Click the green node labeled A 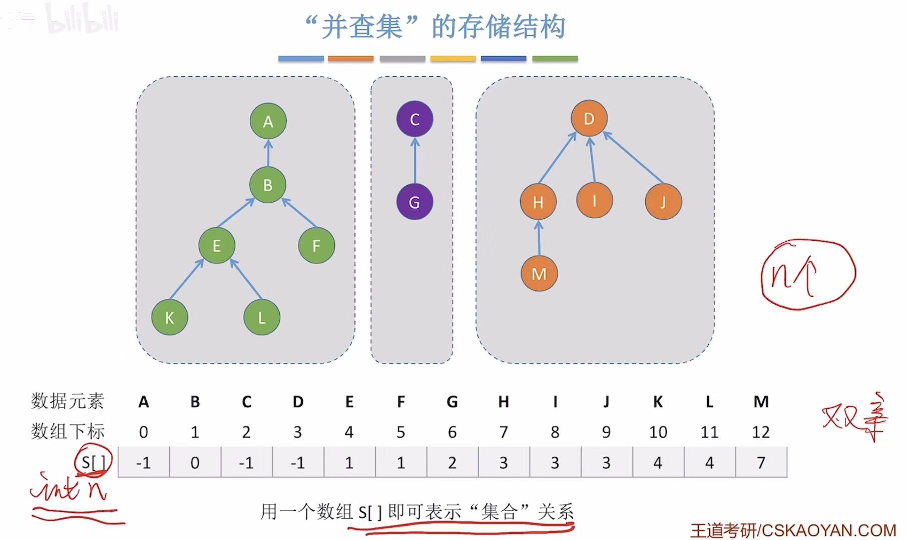click(268, 121)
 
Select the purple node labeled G click(414, 202)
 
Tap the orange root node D click(589, 119)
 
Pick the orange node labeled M click(539, 274)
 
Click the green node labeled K click(170, 317)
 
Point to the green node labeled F click(316, 245)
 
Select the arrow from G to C click(415, 161)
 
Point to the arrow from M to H click(539, 239)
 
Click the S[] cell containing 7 click(761, 462)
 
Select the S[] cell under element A click(144, 462)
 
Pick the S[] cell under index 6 click(452, 462)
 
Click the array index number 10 click(658, 432)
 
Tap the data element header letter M click(761, 401)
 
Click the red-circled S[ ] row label click(93, 461)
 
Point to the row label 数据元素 click(68, 401)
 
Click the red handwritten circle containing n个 click(807, 274)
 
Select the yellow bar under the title click(453, 59)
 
